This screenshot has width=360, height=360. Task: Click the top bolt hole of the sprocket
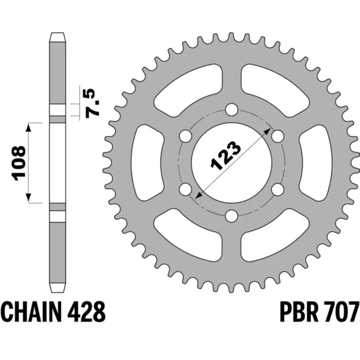point(231,109)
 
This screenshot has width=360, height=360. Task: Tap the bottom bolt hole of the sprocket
point(231,216)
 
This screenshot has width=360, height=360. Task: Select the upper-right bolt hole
point(278,136)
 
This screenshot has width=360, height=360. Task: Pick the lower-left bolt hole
point(184,190)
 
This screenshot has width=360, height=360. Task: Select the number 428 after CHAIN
point(88,311)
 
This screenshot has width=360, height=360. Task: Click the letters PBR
point(294,311)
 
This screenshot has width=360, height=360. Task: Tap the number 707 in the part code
point(342,311)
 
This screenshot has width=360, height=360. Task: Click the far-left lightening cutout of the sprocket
point(148,162)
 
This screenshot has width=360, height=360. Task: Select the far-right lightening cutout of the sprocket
point(315,162)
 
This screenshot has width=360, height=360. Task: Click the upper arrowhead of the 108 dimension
point(29,126)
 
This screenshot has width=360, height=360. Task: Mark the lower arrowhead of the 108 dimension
point(29,198)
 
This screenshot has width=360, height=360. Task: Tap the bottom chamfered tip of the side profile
point(57,288)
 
